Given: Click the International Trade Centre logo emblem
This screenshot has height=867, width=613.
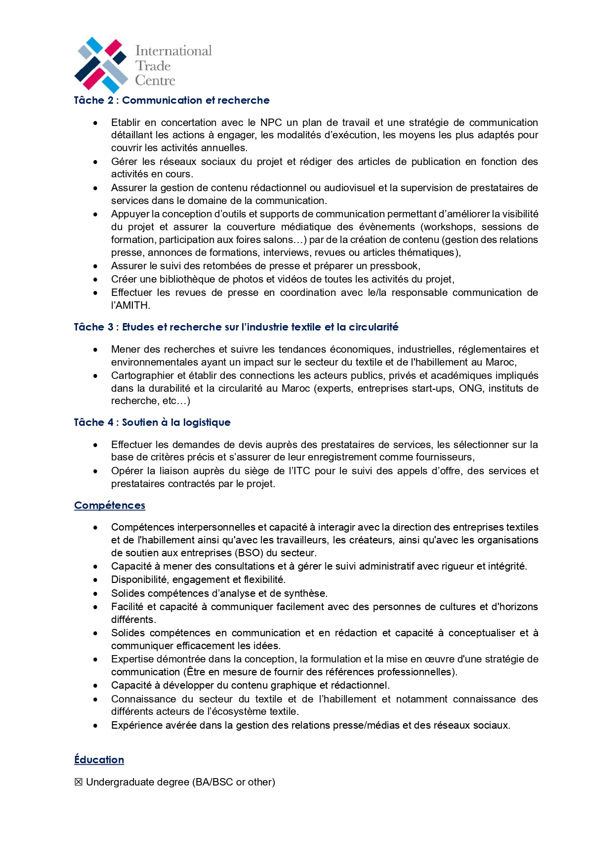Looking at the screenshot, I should (101, 65).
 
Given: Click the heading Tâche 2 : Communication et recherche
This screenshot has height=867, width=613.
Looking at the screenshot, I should (171, 100).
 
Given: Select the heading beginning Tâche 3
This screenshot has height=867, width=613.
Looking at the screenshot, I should (236, 327).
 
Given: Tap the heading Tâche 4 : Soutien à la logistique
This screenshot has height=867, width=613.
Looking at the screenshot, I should (152, 422).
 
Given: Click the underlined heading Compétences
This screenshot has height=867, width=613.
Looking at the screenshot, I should (110, 505).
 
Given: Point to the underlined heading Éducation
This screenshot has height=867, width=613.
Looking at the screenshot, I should (99, 760).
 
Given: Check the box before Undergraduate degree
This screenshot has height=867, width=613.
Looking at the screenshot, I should (78, 783).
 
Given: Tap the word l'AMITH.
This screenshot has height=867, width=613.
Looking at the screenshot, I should (130, 305).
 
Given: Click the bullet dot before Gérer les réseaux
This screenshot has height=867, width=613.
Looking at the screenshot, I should (95, 162).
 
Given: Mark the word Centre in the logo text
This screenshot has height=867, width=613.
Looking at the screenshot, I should (156, 81).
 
